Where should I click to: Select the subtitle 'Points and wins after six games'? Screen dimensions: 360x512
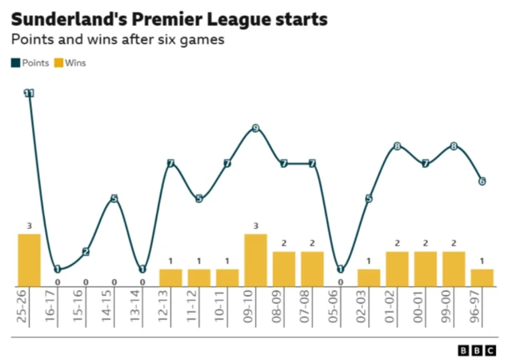coord(117,39)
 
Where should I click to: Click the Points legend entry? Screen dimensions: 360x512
coord(30,62)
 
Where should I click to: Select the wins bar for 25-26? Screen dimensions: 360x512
coord(30,260)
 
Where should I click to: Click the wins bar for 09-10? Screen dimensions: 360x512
coord(256,260)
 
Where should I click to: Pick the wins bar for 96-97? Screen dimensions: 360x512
coord(482,278)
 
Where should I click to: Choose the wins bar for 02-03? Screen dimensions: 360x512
coord(369,278)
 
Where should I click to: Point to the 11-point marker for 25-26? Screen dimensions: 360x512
coord(30,94)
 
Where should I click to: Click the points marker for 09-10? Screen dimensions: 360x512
coord(256,129)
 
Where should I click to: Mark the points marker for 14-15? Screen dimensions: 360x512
coord(114,198)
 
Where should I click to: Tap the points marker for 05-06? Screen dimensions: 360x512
coord(341,269)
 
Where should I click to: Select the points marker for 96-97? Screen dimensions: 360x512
coord(482,182)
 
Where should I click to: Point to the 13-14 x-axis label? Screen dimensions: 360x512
coord(143,306)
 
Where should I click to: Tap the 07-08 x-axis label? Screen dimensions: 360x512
coord(313,306)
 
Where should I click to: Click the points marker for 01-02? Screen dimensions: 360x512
coord(398,146)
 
